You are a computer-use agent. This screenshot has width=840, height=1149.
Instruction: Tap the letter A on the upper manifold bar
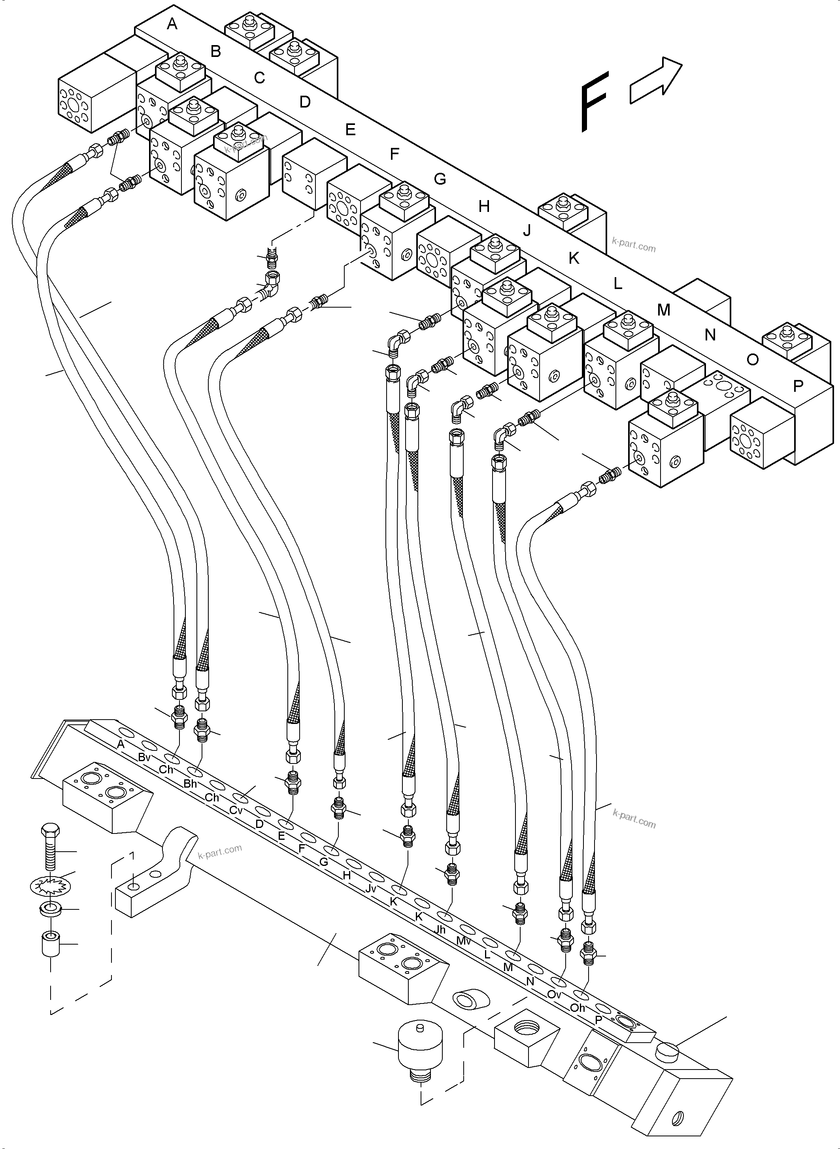coord(172,23)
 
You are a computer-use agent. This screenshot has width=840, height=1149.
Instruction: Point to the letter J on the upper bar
coord(527,231)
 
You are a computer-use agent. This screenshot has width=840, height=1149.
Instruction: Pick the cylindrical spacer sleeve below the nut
coord(50,943)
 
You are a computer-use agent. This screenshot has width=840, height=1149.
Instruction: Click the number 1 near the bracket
coord(132,856)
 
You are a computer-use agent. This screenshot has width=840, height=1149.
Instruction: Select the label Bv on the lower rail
coord(144,757)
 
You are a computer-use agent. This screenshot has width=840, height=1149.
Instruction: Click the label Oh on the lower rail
coord(578,1007)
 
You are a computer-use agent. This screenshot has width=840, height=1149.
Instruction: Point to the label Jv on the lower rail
coord(371,888)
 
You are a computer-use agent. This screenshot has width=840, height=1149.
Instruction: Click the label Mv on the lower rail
coord(463,941)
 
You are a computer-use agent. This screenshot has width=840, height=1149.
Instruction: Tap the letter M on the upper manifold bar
coord(664,310)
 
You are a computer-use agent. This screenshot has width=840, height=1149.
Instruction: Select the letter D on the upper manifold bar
coord(305,102)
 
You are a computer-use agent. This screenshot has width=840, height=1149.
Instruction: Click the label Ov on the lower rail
coord(554,994)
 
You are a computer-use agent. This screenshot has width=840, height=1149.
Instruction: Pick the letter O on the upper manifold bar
coord(753,359)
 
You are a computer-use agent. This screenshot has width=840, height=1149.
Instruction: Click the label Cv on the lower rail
coord(236,810)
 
